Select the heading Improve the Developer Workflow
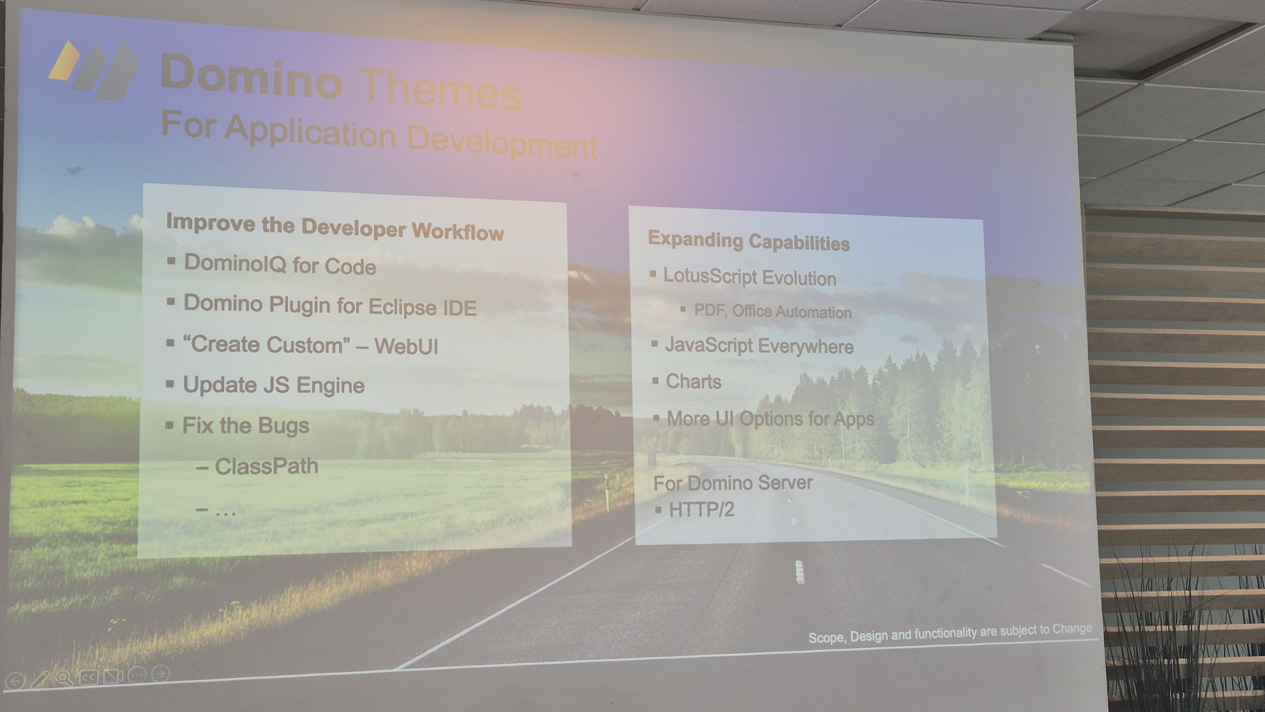tap(335, 227)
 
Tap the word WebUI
tap(406, 346)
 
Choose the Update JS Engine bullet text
tap(274, 385)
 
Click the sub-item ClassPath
tap(267, 466)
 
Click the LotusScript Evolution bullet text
tap(750, 278)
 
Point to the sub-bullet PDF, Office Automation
tap(773, 311)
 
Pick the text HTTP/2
tap(702, 509)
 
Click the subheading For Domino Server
tap(733, 483)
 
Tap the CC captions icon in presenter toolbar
tap(89, 677)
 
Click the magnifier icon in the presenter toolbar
tap(63, 678)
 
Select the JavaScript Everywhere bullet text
tap(759, 346)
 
